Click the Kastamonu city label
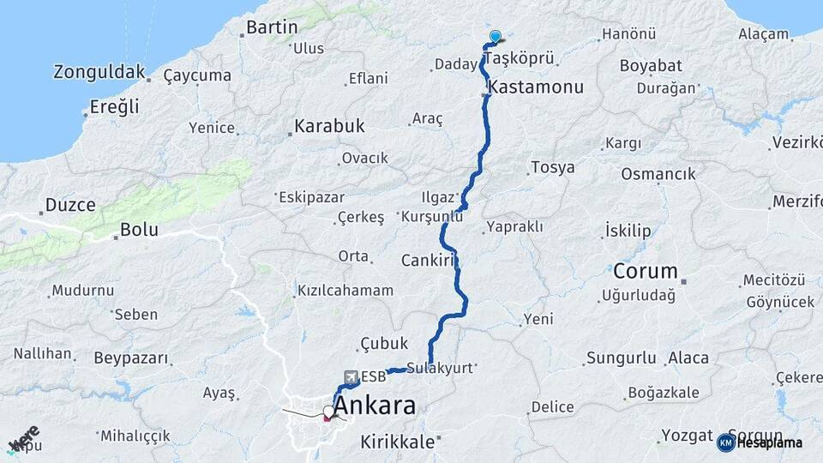click(x=536, y=87)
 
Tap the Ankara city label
click(x=375, y=406)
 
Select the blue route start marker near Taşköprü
click(x=495, y=36)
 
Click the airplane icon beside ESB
click(x=350, y=376)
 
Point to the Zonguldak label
click(x=99, y=72)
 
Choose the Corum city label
click(x=646, y=272)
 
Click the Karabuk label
click(x=329, y=126)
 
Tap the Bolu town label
click(x=139, y=230)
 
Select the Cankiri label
click(x=426, y=260)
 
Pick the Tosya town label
click(x=553, y=167)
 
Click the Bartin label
click(x=272, y=27)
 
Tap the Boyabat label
click(x=651, y=65)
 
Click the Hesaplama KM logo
click(x=760, y=442)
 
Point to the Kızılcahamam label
click(x=345, y=290)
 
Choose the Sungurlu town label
click(x=622, y=358)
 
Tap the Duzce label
click(x=70, y=205)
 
